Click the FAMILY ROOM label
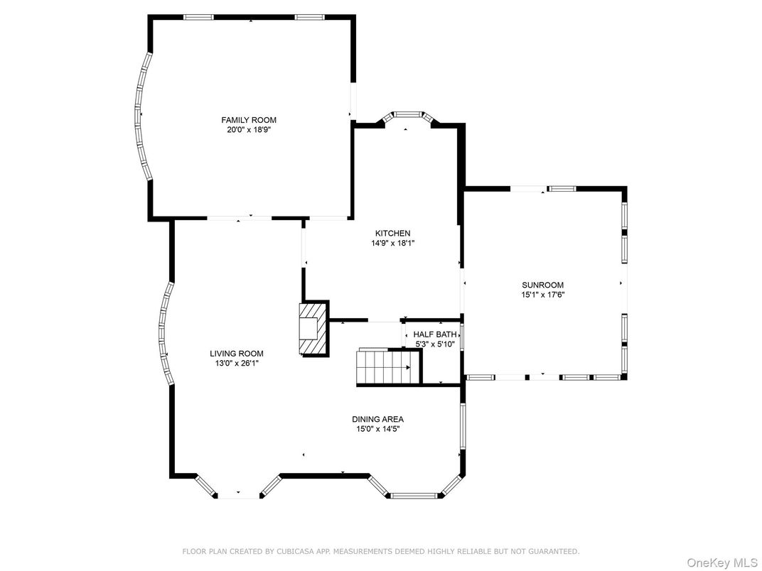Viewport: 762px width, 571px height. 248,120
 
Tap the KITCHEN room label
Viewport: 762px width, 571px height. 392,233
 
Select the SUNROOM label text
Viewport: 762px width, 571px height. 543,285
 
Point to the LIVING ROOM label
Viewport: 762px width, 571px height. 236,353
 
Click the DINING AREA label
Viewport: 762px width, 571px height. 377,419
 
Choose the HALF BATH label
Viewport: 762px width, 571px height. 435,335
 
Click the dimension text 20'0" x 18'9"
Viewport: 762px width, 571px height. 248,130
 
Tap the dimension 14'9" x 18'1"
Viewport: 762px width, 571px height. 392,243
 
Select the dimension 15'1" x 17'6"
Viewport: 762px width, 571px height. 543,295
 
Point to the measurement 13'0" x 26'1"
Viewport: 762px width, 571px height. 236,363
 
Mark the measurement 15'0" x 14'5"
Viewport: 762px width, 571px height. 377,429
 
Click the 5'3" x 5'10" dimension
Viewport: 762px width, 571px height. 436,344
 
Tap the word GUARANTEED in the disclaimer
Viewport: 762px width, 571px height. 555,551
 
